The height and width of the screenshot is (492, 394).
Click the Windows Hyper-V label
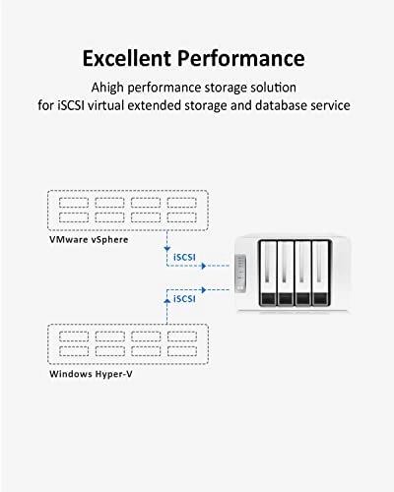point(93,374)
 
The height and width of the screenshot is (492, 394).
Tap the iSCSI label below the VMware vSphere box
point(186,259)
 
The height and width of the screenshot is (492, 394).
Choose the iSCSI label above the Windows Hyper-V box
point(186,297)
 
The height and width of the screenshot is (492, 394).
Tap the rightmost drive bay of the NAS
point(320,276)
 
